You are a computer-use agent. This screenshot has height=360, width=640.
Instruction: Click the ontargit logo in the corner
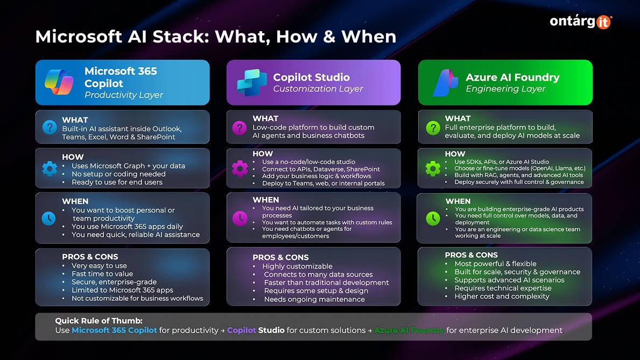(x=580, y=21)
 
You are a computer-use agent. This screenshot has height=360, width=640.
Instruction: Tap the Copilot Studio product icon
(x=252, y=82)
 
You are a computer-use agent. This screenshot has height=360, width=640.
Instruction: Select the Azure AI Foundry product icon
(x=445, y=82)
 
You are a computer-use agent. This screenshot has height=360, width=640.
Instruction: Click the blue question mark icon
(x=50, y=128)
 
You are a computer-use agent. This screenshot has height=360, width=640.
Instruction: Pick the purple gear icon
(x=240, y=168)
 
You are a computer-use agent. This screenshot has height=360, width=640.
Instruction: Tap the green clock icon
(x=433, y=218)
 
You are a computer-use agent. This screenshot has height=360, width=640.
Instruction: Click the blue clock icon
(x=50, y=218)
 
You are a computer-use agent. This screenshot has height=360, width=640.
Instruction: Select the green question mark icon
(x=433, y=128)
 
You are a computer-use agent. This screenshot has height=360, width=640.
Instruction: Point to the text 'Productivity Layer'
(x=123, y=95)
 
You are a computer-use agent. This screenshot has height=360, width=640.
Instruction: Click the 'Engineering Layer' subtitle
(x=505, y=89)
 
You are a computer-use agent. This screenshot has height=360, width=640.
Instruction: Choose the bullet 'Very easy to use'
(x=99, y=265)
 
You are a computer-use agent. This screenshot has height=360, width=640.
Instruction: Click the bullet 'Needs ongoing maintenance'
(x=314, y=299)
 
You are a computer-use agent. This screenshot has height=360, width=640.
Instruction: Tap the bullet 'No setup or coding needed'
(x=118, y=174)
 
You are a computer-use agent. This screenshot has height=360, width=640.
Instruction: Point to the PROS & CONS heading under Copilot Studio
(x=280, y=257)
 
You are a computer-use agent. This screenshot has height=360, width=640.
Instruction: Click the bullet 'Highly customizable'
(x=297, y=266)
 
